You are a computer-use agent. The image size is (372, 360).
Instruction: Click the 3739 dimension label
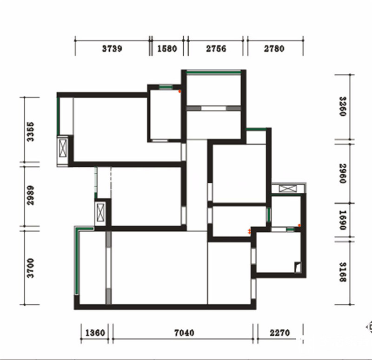tap(112, 49)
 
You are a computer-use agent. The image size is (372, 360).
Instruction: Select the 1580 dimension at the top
tap(167, 49)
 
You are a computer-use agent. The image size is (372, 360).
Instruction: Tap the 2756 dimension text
tap(216, 49)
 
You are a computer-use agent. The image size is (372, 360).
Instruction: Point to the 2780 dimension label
tap(274, 49)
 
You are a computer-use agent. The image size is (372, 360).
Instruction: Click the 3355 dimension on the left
tap(30, 132)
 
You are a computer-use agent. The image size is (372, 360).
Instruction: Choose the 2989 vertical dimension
tap(30, 195)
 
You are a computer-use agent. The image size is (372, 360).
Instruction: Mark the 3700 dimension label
tap(30, 268)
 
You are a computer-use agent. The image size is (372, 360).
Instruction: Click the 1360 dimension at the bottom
tap(95, 333)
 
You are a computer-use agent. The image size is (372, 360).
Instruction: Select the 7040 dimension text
tap(184, 333)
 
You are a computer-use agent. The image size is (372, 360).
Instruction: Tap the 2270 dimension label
tap(280, 333)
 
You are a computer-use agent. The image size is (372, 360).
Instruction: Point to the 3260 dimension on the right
tap(343, 106)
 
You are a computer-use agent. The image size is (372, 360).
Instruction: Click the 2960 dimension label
tap(343, 173)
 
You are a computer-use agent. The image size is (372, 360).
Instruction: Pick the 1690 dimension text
tap(343, 220)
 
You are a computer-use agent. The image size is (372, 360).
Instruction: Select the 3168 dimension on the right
tap(343, 272)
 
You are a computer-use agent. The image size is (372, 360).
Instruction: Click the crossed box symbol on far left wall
tap(63, 148)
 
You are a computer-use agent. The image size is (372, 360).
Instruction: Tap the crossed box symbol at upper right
tap(288, 189)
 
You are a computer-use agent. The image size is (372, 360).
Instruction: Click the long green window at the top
tap(213, 72)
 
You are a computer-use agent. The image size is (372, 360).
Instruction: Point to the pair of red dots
tap(249, 231)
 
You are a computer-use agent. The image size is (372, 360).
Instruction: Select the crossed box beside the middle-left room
tap(100, 212)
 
